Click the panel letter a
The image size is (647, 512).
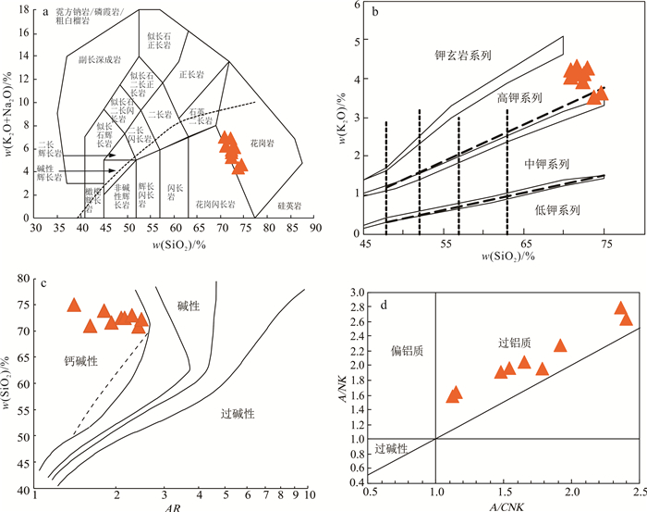[x=44, y=11]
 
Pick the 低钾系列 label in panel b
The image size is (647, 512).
[x=558, y=209]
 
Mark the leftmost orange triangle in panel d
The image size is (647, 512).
[x=454, y=394]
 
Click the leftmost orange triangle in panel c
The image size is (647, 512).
[x=75, y=306]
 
